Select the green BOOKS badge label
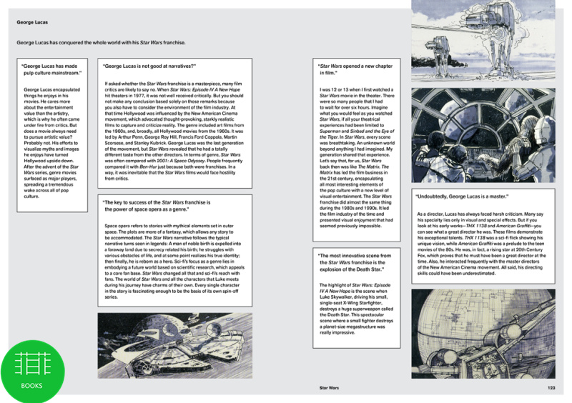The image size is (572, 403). pyautogui.click(x=31, y=385)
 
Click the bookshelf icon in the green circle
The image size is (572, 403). pyautogui.click(x=31, y=363)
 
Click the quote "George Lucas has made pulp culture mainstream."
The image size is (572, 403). pyautogui.click(x=53, y=69)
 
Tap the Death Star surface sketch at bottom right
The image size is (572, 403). pyautogui.click(x=483, y=332)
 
